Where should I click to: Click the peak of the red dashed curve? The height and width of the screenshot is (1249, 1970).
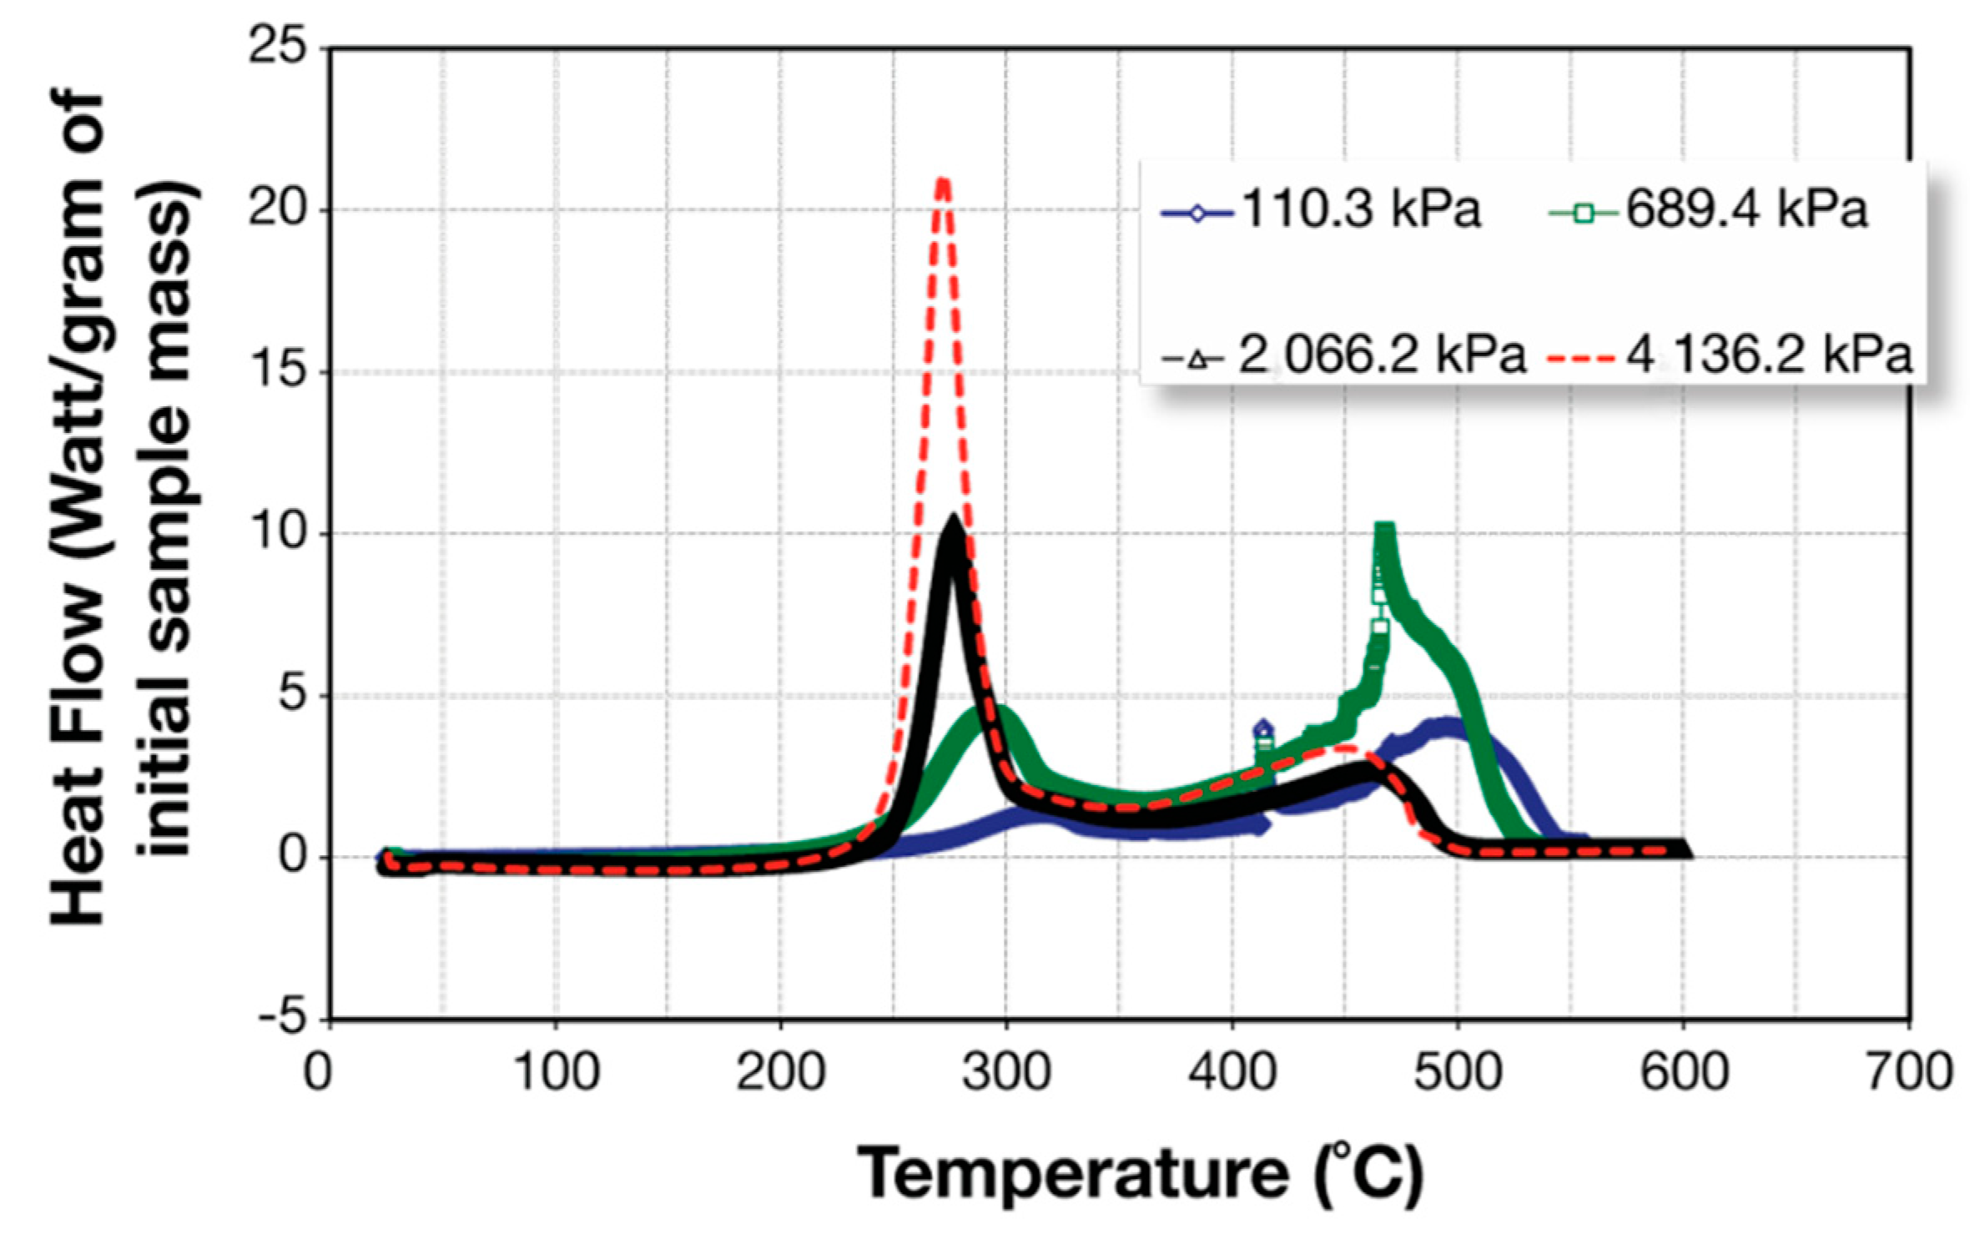coord(943,181)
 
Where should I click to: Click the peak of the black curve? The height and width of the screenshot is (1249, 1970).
coord(953,522)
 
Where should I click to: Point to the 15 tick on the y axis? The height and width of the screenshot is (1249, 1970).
coord(279,370)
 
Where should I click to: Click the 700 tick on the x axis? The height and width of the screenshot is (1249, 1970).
coord(1908,1070)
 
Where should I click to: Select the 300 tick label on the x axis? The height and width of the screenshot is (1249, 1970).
coord(1005,1070)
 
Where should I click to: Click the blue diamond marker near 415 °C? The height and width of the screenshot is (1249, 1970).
coord(1263,730)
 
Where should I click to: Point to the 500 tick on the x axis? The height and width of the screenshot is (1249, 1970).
coord(1457,1070)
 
